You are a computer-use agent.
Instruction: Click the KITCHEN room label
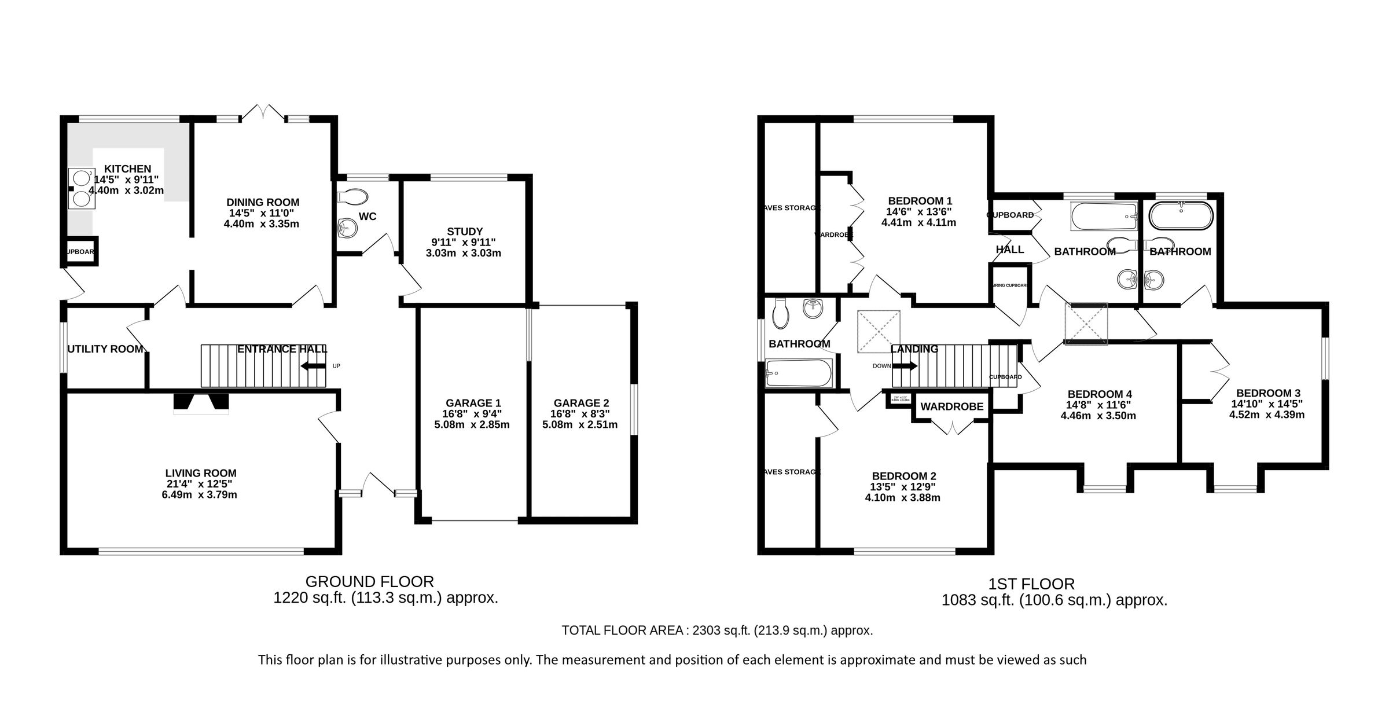click(128, 169)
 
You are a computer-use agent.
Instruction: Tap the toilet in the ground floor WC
click(352, 197)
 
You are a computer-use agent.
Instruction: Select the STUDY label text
click(464, 232)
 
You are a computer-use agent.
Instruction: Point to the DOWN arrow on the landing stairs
click(905, 366)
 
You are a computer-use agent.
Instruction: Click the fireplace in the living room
click(201, 404)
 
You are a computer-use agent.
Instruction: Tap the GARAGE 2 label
click(580, 403)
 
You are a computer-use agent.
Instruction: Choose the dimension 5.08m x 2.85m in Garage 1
click(472, 425)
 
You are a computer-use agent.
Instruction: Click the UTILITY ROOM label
click(105, 349)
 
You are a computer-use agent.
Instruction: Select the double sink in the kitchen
click(81, 188)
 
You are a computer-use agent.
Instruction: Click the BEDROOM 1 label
click(918, 201)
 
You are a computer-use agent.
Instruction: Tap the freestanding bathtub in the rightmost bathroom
click(1181, 216)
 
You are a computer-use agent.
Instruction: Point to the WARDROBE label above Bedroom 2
click(951, 407)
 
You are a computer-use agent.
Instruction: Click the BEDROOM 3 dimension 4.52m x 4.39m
click(1266, 415)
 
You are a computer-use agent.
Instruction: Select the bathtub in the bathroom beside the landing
click(799, 372)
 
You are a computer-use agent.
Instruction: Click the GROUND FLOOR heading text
click(369, 581)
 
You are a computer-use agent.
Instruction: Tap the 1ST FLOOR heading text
click(1031, 584)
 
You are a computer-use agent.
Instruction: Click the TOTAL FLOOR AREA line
click(716, 630)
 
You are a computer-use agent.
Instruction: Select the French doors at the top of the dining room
click(263, 113)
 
